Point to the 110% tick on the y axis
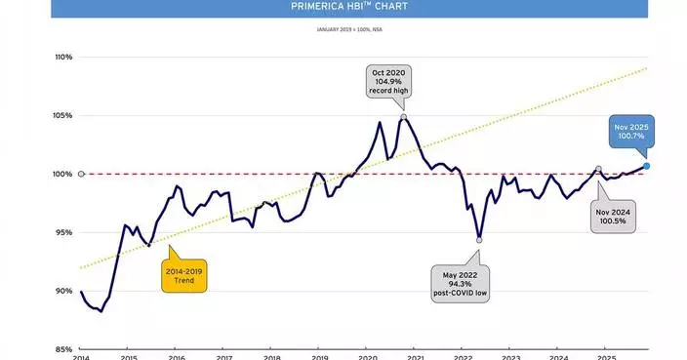[x=63, y=57]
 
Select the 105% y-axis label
[x=63, y=115]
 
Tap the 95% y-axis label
[x=63, y=232]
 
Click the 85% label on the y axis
[x=63, y=349]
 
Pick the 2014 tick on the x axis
[x=81, y=358]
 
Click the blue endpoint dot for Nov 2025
[x=647, y=166]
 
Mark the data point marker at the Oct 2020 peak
[x=404, y=116]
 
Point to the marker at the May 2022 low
[x=479, y=240]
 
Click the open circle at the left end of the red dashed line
[x=81, y=174]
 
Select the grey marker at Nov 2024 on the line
[x=598, y=169]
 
